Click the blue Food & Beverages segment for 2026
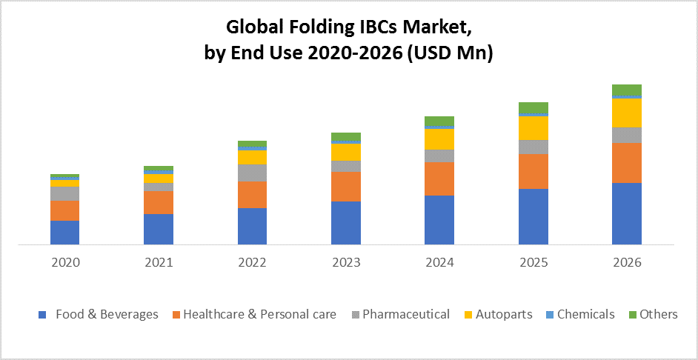(626, 213)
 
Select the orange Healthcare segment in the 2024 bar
(439, 179)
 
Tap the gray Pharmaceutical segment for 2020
(64, 193)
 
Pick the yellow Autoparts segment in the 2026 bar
(626, 113)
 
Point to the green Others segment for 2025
(533, 107)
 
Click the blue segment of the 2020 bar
(64, 232)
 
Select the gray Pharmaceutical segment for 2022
(252, 173)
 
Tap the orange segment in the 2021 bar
(159, 202)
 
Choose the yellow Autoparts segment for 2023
(346, 152)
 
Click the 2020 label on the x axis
(65, 262)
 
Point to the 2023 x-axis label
(346, 262)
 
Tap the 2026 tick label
(627, 262)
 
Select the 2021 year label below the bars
(159, 262)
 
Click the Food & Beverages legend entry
(107, 314)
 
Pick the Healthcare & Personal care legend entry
(259, 314)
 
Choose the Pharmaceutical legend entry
(405, 314)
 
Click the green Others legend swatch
(631, 315)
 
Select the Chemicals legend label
(585, 314)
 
